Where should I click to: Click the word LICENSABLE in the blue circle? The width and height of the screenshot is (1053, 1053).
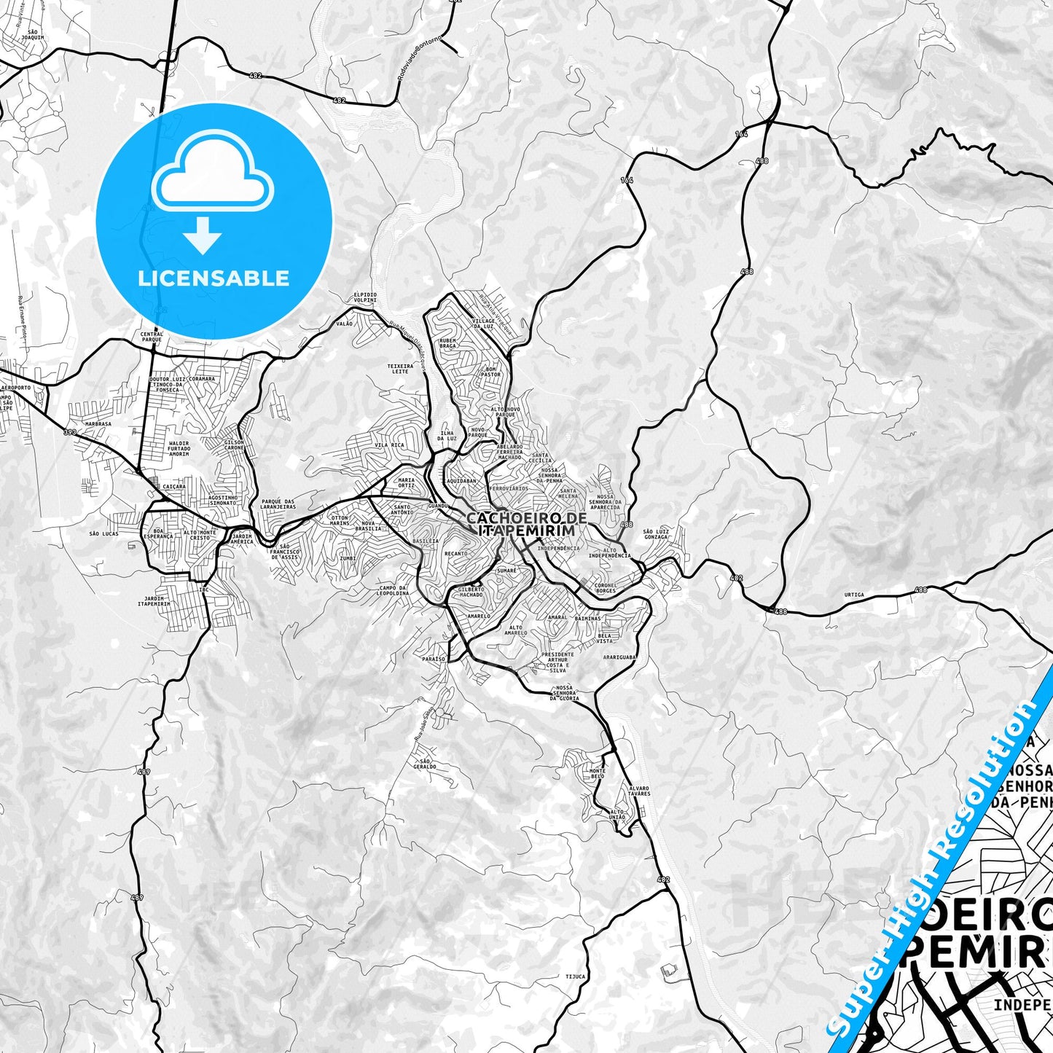(x=214, y=278)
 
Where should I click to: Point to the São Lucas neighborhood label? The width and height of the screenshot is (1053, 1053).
(x=103, y=533)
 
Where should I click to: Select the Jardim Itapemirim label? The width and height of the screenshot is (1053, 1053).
(x=154, y=601)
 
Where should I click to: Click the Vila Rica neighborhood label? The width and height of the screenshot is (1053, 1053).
(x=389, y=445)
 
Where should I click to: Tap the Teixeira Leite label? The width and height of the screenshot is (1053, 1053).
(x=399, y=369)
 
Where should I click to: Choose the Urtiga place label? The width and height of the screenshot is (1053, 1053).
(x=853, y=595)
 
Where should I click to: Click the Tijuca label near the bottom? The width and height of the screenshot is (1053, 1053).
(x=575, y=976)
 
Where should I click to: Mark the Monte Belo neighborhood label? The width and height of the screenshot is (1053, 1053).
(x=598, y=774)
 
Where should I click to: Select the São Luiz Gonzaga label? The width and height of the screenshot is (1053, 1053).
(x=657, y=534)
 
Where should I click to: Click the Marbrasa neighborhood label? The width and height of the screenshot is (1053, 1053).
(x=98, y=423)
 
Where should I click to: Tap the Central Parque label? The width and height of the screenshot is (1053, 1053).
(x=152, y=337)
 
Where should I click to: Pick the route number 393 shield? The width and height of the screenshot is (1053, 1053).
(x=69, y=432)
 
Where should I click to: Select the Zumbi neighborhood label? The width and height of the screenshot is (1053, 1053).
(x=348, y=558)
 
